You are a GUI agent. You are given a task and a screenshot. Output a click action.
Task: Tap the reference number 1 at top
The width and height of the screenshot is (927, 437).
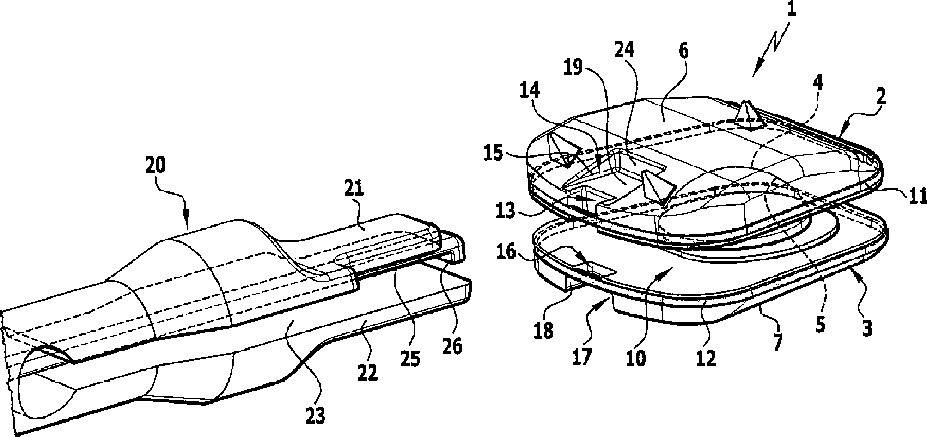(792, 9)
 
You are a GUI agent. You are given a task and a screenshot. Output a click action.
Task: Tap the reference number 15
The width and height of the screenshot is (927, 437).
(493, 153)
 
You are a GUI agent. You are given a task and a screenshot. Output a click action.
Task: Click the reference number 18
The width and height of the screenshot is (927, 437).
(544, 331)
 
